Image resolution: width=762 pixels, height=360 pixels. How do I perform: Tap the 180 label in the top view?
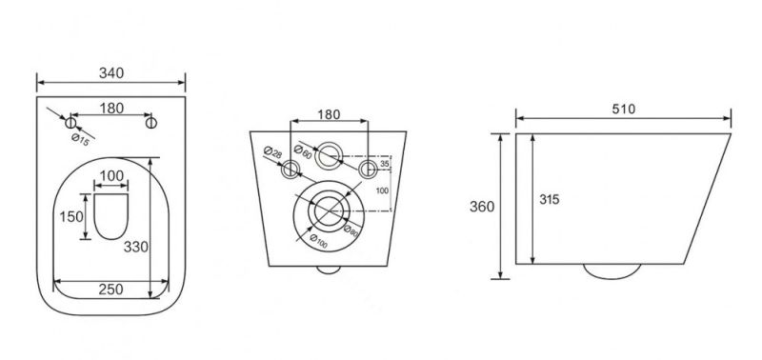pyautogui.click(x=110, y=109)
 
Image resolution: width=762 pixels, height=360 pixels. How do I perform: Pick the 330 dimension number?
pyautogui.click(x=136, y=247)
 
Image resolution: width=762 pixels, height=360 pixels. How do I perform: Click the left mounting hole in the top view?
pyautogui.click(x=70, y=123)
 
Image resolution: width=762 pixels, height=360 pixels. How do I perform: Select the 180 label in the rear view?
pyautogui.click(x=328, y=115)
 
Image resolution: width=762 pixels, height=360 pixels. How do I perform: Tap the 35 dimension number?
pyautogui.click(x=386, y=165)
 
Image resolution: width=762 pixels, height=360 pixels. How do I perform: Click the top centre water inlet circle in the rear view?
pyautogui.click(x=331, y=151)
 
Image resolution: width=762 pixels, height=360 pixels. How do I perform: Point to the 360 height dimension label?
pyautogui.click(x=482, y=208)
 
